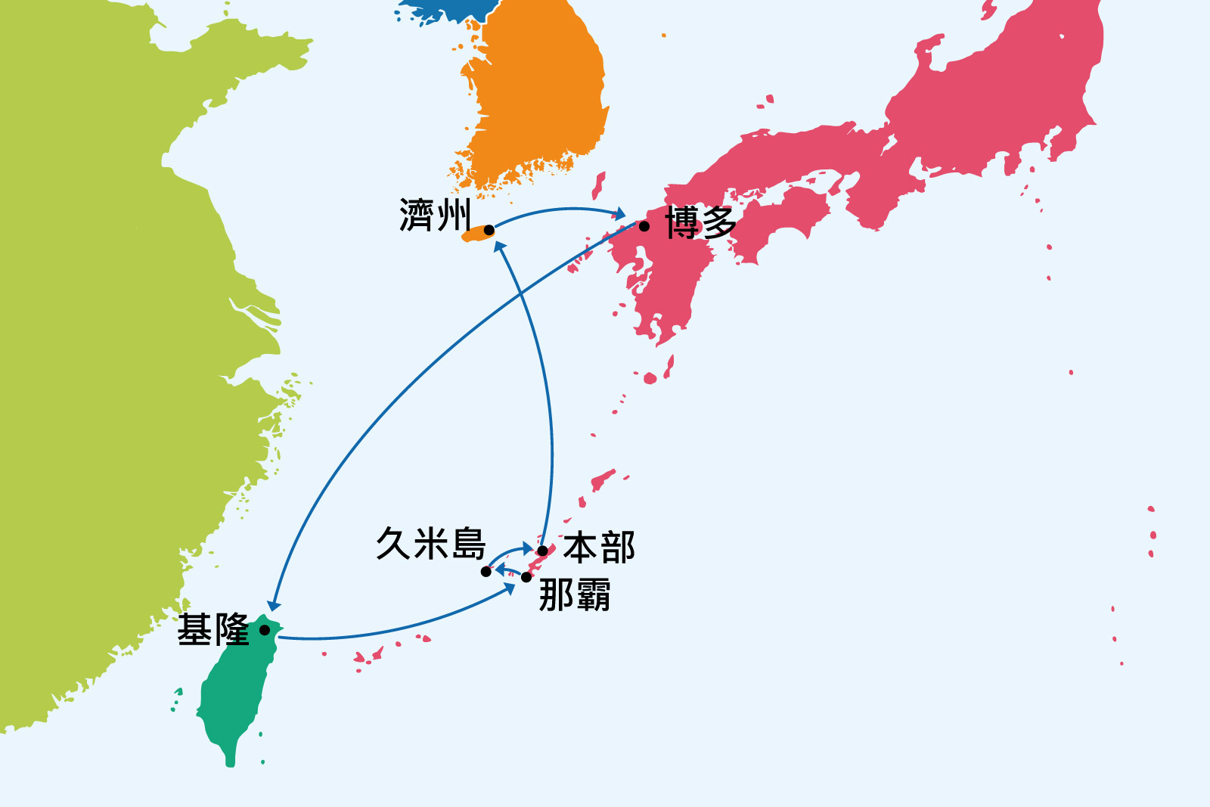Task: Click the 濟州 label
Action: click(435, 216)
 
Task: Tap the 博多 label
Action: click(701, 223)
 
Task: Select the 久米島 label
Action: click(430, 543)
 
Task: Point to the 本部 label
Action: click(599, 548)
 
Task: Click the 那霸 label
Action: click(575, 595)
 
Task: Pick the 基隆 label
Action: click(213, 630)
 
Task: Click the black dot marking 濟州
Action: click(489, 230)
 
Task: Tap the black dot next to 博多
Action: click(644, 226)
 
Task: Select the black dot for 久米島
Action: click(486, 572)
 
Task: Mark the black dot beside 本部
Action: click(542, 551)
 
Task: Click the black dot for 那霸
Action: click(526, 577)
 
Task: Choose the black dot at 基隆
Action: click(265, 629)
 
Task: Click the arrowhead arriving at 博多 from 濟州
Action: click(620, 214)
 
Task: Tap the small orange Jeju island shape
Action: click(476, 237)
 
